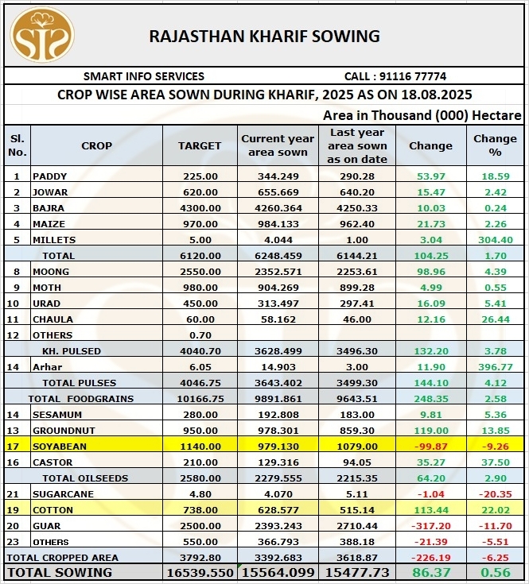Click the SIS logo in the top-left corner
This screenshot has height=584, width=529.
coord(41,35)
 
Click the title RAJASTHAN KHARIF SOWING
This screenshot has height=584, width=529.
coord(265,36)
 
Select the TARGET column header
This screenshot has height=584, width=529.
coord(200,145)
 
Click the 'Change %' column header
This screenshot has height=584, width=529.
coord(495,145)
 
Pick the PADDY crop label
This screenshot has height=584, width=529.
coord(50,176)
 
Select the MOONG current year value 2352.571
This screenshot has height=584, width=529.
coord(278,272)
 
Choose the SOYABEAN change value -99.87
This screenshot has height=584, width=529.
coord(430,447)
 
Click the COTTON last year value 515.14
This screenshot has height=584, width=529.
coord(357,510)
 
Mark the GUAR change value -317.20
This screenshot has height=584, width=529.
coord(430,526)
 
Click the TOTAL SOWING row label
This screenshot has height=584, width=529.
coord(60,572)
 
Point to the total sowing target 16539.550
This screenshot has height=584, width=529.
coord(200,572)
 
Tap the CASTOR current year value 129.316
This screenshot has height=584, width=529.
coord(278,462)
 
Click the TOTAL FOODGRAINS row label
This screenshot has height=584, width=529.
coord(81,399)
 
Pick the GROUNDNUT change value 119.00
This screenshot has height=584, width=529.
coord(430,431)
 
